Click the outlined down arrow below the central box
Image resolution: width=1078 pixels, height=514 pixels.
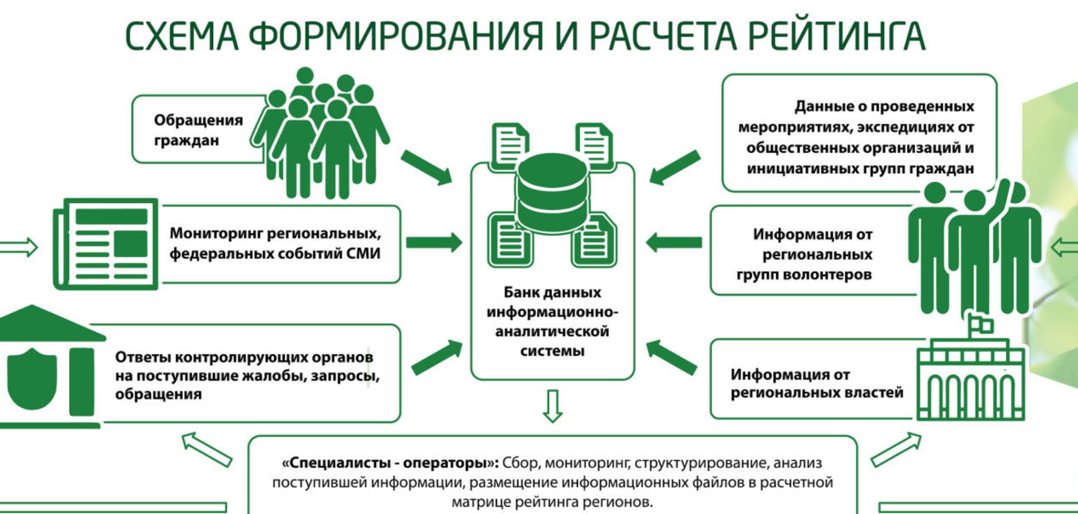[552, 406]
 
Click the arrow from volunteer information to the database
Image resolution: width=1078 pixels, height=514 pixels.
[674, 243]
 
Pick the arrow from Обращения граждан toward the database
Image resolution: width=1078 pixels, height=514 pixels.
[426, 167]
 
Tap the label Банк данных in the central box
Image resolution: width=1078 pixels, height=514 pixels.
[552, 292]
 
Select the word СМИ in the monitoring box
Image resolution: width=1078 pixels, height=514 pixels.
[363, 253]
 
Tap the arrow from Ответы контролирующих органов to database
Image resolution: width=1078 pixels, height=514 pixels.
[436, 357]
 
